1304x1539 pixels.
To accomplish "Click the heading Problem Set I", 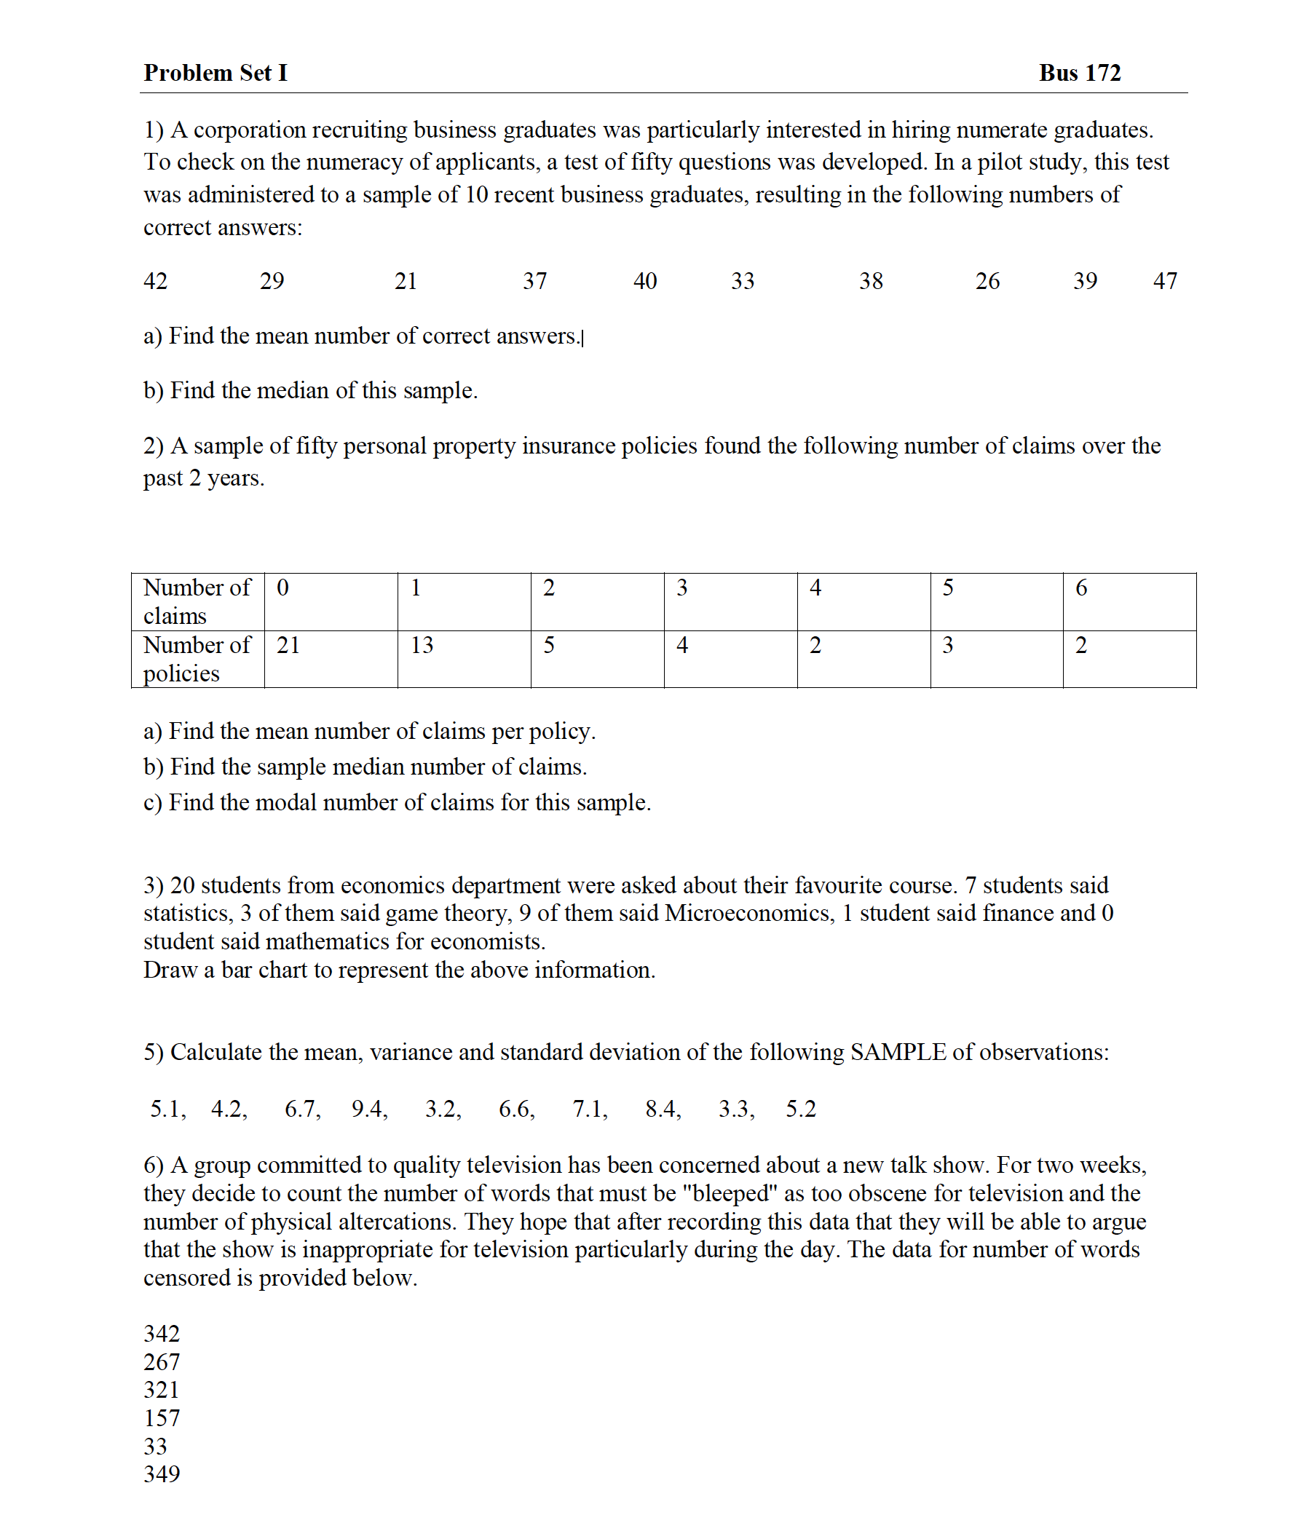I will tap(215, 73).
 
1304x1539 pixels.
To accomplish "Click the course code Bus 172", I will tap(1079, 73).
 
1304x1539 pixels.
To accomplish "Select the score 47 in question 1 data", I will tap(1165, 281).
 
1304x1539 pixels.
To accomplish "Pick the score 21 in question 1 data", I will tap(406, 281).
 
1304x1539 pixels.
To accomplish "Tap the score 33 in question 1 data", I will tap(742, 281).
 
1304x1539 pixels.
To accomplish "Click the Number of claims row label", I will tap(197, 601).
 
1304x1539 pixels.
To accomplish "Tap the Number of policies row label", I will tap(197, 659).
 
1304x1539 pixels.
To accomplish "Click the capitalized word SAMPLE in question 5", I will tap(898, 1052).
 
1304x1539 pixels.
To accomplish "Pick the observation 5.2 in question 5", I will tap(801, 1109).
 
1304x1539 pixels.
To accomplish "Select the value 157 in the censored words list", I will tap(161, 1417).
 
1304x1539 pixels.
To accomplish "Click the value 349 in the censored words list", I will tap(161, 1474).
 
